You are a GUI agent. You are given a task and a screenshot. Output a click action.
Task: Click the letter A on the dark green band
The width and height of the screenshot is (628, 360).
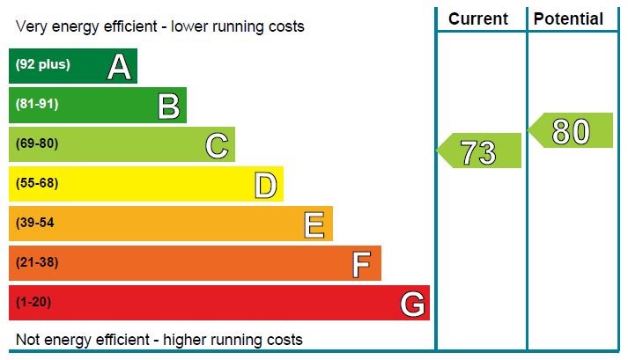pyautogui.click(x=119, y=67)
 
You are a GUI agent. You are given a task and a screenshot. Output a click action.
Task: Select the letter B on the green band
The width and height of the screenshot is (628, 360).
pyautogui.click(x=168, y=107)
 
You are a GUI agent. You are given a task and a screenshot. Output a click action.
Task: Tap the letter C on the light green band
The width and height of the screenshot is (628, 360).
pyautogui.click(x=217, y=145)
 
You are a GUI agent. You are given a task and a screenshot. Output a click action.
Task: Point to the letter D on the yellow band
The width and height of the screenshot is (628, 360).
pyautogui.click(x=265, y=185)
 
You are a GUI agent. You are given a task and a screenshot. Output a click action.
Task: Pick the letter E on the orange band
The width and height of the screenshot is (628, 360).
pyautogui.click(x=314, y=224)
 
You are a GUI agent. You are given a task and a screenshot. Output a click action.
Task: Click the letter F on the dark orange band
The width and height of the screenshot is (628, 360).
pyautogui.click(x=361, y=264)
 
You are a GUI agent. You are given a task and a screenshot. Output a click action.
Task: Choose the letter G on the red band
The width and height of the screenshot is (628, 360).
pyautogui.click(x=412, y=305)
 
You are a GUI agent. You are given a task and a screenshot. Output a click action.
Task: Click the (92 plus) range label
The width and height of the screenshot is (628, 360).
pyautogui.click(x=42, y=64)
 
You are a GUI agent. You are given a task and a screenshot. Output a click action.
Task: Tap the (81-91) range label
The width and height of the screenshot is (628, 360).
pyautogui.click(x=37, y=104)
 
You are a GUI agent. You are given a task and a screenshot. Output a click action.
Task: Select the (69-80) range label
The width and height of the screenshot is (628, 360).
pyautogui.click(x=37, y=143)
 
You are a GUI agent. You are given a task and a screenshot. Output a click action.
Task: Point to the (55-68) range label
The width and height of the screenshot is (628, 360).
pyautogui.click(x=37, y=183)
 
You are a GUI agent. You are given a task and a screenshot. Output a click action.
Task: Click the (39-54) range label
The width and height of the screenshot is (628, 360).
pyautogui.click(x=35, y=223)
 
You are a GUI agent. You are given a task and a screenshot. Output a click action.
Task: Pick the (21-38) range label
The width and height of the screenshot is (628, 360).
pyautogui.click(x=35, y=262)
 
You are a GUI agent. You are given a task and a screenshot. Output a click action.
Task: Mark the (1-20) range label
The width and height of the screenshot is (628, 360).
pyautogui.click(x=33, y=302)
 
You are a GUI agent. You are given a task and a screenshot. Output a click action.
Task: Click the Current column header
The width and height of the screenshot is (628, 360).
pyautogui.click(x=478, y=18)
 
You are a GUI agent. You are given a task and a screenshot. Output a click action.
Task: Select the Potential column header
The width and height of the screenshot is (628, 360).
pyautogui.click(x=569, y=18)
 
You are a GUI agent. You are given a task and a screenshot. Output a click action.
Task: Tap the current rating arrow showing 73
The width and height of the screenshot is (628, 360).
pyautogui.click(x=480, y=151)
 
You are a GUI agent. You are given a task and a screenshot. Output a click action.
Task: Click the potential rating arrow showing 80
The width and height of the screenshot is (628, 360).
pyautogui.click(x=571, y=131)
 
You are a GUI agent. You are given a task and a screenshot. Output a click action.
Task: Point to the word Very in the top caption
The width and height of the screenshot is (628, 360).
pyautogui.click(x=31, y=26)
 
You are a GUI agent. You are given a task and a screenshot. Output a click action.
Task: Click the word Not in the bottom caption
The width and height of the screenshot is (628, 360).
pyautogui.click(x=28, y=340)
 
